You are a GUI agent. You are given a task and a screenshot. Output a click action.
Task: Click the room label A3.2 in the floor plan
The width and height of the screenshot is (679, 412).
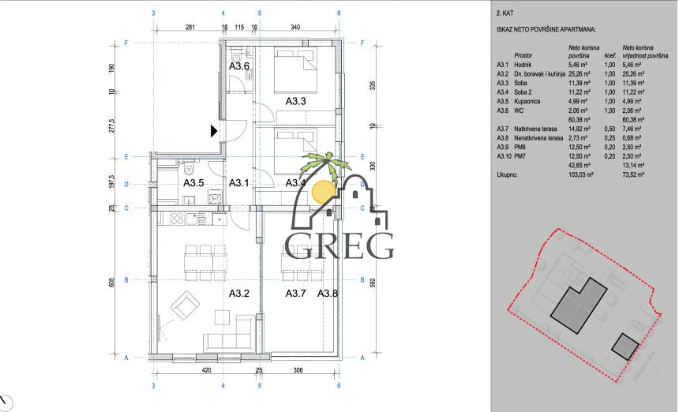click(239, 294)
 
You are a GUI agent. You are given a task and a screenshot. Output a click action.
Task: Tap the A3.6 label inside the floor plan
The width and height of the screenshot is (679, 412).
click(239, 67)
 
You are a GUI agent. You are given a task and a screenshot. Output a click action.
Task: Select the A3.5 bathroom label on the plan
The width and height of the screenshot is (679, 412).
click(194, 183)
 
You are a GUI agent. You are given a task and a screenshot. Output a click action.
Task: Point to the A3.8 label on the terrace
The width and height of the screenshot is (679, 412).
click(328, 294)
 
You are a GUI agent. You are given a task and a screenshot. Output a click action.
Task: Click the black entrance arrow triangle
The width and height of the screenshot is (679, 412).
click(213, 132)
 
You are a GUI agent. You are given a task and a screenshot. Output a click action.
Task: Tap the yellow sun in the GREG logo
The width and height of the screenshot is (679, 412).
click(324, 191)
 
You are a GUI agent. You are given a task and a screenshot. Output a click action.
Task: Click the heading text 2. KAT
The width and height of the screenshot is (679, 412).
click(505, 14)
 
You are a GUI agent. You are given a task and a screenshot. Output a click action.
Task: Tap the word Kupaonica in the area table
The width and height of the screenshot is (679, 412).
click(528, 101)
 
